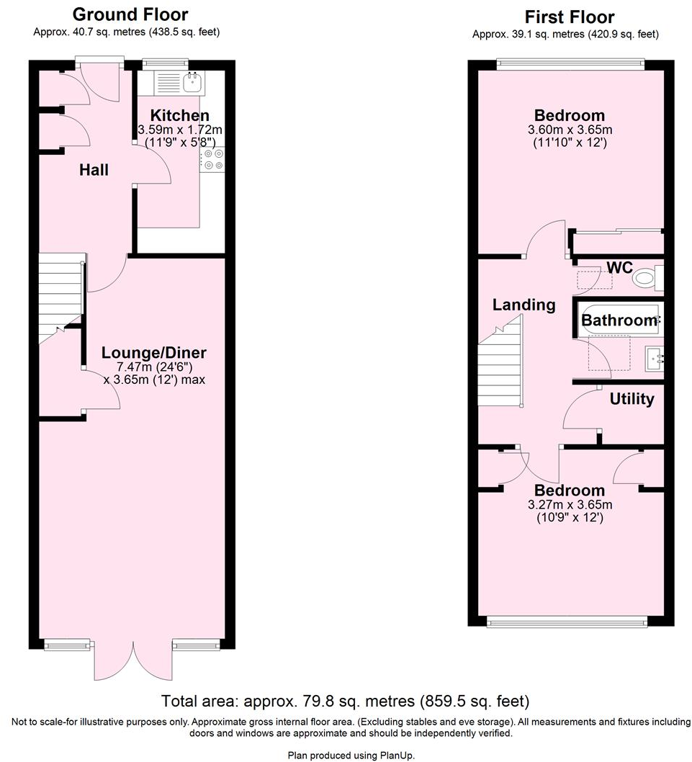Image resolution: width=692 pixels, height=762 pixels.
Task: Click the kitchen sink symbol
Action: pos(192,83)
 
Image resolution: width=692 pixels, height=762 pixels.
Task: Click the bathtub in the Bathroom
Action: pos(619,321)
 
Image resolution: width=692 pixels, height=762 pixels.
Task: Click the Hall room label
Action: pos(94,170)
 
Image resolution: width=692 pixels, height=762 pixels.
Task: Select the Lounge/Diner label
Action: pos(153,353)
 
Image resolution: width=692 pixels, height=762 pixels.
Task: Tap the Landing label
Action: pos(524,305)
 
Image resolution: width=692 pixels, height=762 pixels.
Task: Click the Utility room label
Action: pos(632,398)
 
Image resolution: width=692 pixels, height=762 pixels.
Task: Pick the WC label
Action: pos(619,268)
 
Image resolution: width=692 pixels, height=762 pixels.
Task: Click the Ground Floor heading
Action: pos(130,14)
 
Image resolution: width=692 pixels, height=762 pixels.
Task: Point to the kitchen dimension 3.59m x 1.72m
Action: pos(180,130)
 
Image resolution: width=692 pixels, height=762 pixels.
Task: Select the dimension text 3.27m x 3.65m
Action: pos(570,504)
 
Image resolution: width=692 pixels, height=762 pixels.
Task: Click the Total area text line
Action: pos(346,701)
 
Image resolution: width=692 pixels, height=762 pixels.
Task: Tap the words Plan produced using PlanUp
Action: pos(351,755)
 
